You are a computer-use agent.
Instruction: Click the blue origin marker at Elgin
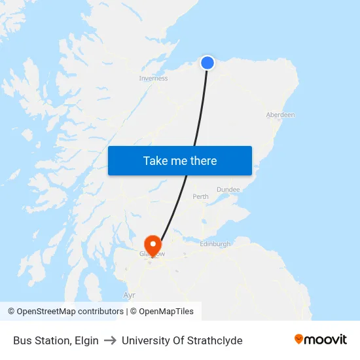pos(207,63)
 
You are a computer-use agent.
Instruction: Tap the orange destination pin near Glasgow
pos(153,245)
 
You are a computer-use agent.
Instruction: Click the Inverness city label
pos(153,79)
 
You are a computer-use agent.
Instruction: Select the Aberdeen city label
pos(280,115)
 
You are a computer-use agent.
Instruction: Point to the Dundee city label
pos(228,190)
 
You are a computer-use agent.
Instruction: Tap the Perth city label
pos(200,196)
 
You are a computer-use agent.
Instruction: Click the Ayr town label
pos(129,295)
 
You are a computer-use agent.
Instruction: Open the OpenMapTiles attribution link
pos(165,312)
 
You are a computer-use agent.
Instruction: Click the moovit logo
pos(321,340)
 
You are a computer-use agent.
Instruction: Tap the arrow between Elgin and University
pos(110,340)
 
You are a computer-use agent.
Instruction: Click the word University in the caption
pos(143,340)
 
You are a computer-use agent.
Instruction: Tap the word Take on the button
pos(156,161)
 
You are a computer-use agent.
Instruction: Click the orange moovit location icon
pos(299,339)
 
